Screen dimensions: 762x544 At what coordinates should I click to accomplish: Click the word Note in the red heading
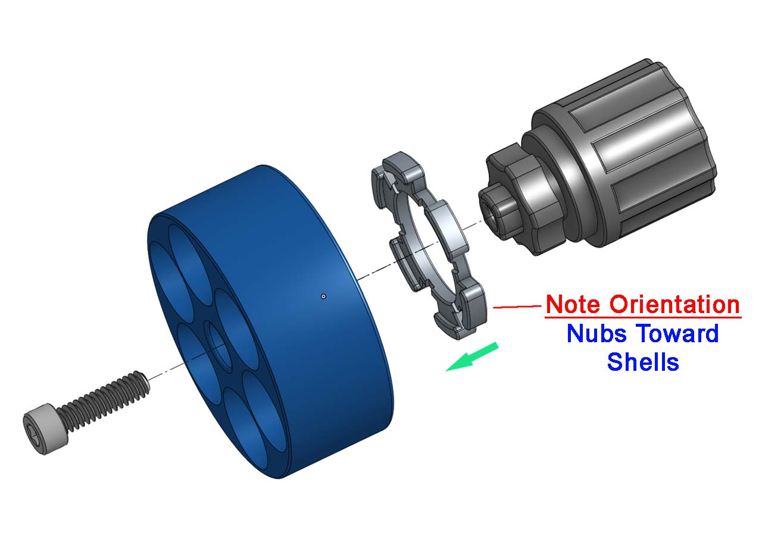[574, 304]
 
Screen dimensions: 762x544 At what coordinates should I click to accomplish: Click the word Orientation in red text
[674, 304]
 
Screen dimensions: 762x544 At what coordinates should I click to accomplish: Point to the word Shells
[643, 362]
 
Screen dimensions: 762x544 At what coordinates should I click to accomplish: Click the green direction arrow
[472, 357]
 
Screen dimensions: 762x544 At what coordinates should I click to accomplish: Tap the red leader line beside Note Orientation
[517, 307]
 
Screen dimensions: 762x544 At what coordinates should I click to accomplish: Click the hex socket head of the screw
[45, 429]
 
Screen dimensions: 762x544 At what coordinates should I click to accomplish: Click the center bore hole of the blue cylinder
[220, 346]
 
